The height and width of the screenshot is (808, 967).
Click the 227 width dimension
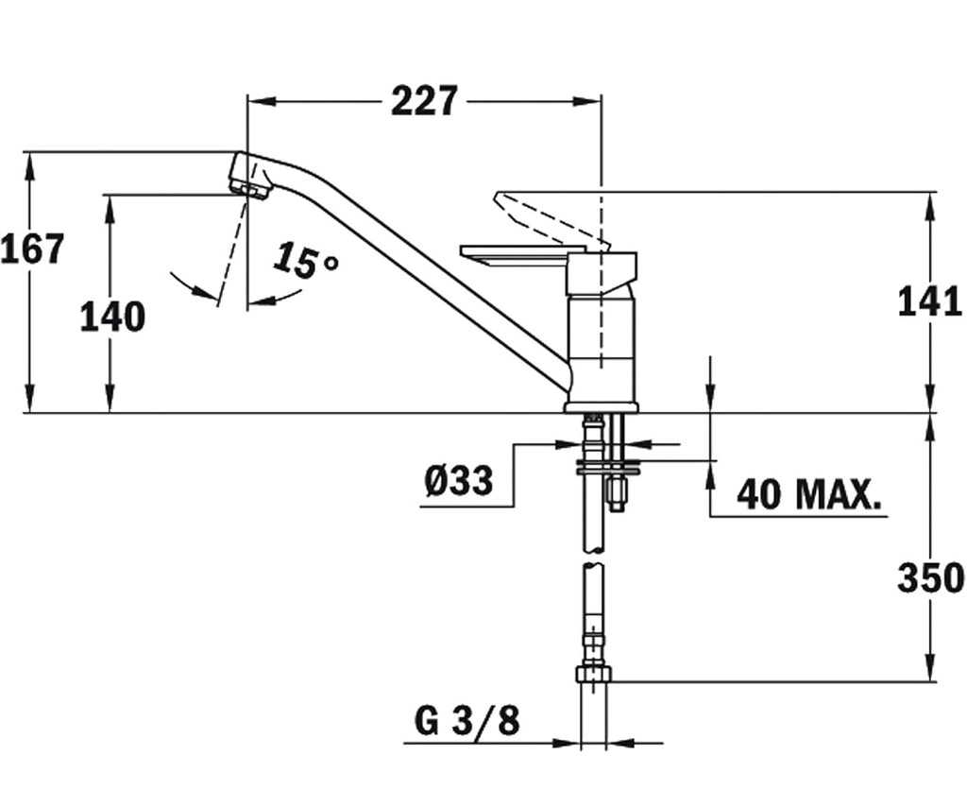(x=425, y=100)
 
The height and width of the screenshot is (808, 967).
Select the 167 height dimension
(x=32, y=249)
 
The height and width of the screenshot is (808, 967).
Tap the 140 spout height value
(x=112, y=317)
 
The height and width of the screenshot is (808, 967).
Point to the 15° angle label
(x=306, y=260)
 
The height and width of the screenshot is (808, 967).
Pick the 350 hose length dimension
(x=930, y=578)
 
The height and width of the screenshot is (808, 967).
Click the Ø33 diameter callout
(x=459, y=480)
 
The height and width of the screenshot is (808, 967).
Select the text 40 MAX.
(x=808, y=493)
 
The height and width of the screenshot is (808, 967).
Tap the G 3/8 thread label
(x=467, y=720)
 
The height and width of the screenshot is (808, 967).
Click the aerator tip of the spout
(x=248, y=186)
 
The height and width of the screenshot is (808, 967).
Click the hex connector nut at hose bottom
(x=594, y=674)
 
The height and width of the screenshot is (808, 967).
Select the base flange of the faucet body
(x=602, y=406)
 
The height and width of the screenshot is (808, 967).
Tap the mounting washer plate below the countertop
(x=608, y=467)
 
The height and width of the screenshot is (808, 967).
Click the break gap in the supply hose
(x=594, y=557)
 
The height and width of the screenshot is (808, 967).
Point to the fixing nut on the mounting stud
(x=616, y=492)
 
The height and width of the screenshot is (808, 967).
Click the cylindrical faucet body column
(x=602, y=350)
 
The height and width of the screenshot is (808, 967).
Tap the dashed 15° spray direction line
(x=231, y=250)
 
